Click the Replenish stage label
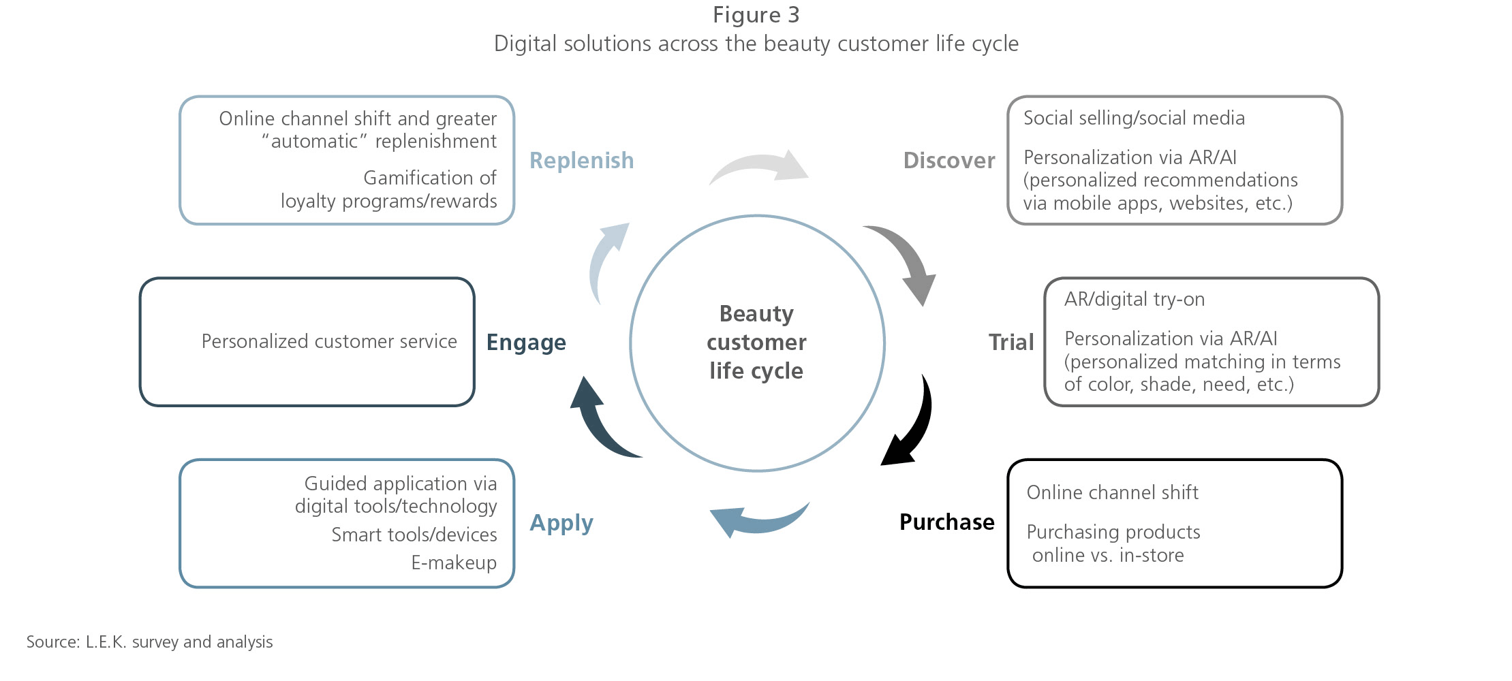pyautogui.click(x=581, y=161)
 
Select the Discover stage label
pyautogui.click(x=948, y=161)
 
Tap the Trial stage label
pyautogui.click(x=1010, y=342)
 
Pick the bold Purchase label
pyautogui.click(x=946, y=522)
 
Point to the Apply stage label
pyautogui.click(x=561, y=523)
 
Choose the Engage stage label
pyautogui.click(x=526, y=342)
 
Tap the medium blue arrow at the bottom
pyautogui.click(x=756, y=522)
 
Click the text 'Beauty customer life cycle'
pyautogui.click(x=756, y=342)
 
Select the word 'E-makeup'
pyautogui.click(x=454, y=563)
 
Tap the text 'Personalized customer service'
pyautogui.click(x=329, y=341)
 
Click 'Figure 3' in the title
pyautogui.click(x=756, y=15)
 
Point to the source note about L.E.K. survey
pyautogui.click(x=149, y=642)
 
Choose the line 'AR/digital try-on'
pyautogui.click(x=1134, y=300)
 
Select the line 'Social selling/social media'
pyautogui.click(x=1133, y=118)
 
